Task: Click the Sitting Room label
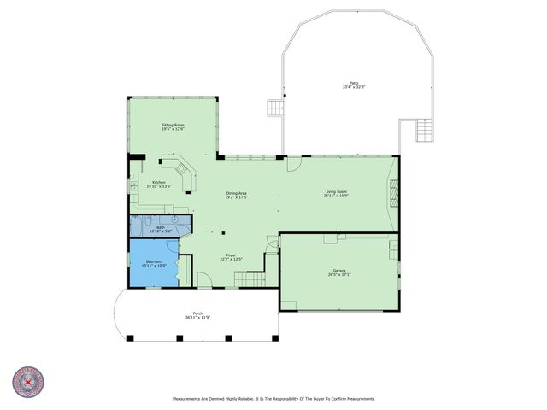[174, 127]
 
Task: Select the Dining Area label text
[237, 195]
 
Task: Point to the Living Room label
[335, 194]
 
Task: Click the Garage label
[339, 272]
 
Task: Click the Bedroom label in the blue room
[153, 265]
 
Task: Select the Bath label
[161, 229]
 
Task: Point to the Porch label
[197, 315]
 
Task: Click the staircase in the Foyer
[249, 278]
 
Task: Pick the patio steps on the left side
[275, 108]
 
